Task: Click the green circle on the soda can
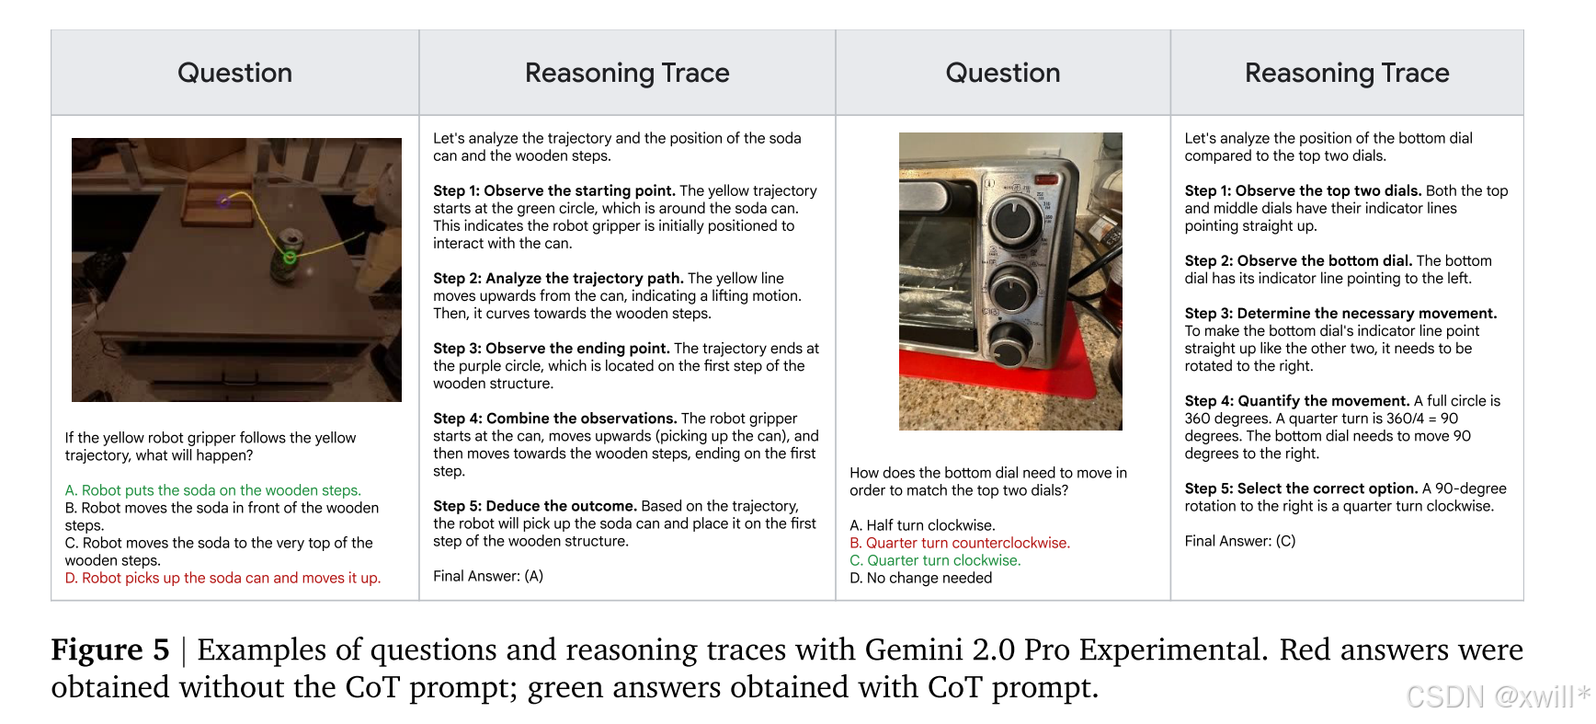[x=290, y=258]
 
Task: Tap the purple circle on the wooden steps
[x=224, y=201]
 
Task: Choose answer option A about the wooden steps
[x=213, y=490]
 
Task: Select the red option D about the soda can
[x=222, y=578]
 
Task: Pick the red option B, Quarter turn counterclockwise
[x=960, y=543]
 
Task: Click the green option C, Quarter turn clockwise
[x=935, y=560]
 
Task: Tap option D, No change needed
[x=921, y=578]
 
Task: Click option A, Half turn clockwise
[x=922, y=525]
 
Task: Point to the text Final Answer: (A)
[x=488, y=576]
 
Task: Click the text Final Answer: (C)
[x=1240, y=541]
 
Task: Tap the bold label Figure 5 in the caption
[x=110, y=649]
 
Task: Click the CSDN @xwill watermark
[x=1499, y=696]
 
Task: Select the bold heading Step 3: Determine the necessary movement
[x=1340, y=314]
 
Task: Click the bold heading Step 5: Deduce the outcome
[x=535, y=506]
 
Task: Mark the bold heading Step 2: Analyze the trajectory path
[x=558, y=278]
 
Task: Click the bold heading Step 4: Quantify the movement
[x=1297, y=401]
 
